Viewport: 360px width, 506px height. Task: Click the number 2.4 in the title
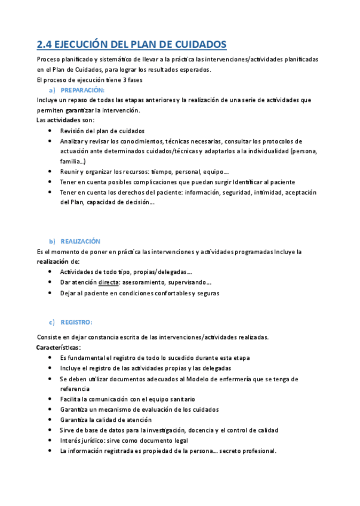44,44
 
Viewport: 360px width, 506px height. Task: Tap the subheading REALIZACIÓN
81,241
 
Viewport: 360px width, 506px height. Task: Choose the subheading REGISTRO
76,322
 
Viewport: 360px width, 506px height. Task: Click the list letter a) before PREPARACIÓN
52,90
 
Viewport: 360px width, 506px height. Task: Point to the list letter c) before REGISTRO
52,322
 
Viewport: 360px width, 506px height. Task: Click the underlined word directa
108,282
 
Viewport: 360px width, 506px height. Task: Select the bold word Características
59,347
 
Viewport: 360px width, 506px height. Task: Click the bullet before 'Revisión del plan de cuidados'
48,131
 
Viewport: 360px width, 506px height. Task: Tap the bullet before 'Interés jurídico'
48,440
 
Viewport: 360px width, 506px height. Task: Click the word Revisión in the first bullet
72,131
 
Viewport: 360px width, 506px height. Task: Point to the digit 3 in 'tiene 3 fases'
120,79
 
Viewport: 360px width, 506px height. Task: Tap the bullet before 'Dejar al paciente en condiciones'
48,293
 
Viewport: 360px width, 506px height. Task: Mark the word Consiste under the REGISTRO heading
50,337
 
